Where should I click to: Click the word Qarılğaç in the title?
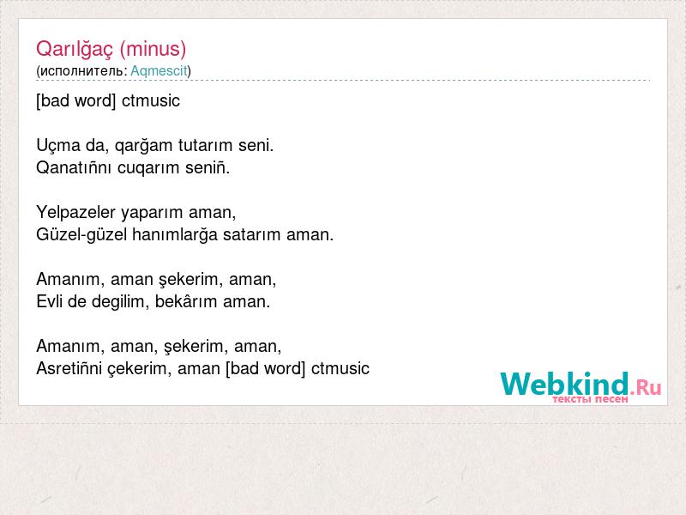point(75,49)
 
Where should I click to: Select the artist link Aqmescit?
point(159,71)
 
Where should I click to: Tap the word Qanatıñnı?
point(74,167)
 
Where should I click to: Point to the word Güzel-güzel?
point(81,235)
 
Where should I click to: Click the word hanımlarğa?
point(175,235)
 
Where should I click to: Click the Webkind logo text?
point(565,384)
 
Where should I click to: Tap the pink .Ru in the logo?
point(646,387)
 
